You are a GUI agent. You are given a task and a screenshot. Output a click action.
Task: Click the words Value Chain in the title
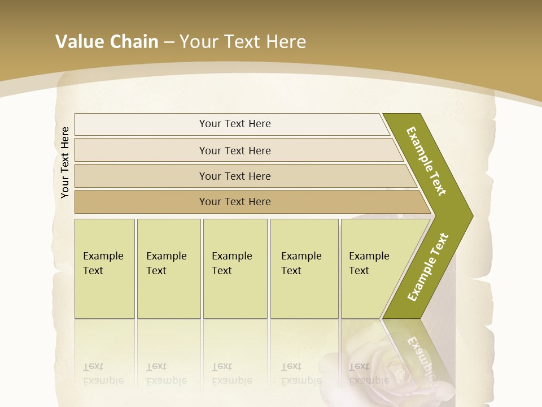(107, 41)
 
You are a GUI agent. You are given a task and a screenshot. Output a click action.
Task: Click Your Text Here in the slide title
(243, 41)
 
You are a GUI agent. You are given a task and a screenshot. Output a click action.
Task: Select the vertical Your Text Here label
(65, 162)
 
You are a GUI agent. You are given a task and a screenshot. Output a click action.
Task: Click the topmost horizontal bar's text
(235, 124)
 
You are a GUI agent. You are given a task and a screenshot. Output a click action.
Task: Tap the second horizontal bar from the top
(235, 150)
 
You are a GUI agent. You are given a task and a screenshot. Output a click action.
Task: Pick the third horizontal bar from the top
(235, 176)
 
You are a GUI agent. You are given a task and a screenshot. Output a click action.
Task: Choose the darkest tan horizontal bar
(235, 202)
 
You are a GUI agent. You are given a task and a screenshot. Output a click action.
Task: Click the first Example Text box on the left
(104, 268)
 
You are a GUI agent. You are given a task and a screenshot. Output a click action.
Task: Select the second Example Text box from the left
(168, 268)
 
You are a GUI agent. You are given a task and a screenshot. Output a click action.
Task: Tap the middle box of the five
(235, 268)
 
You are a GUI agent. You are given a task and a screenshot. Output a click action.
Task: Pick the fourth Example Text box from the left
(304, 268)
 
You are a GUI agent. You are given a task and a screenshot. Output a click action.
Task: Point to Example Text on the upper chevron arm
(426, 161)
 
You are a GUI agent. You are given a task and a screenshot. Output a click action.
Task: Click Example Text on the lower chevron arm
(427, 267)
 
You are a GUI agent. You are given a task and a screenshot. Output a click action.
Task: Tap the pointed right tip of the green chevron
(469, 216)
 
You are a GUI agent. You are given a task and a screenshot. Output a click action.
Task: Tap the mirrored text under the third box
(231, 374)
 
